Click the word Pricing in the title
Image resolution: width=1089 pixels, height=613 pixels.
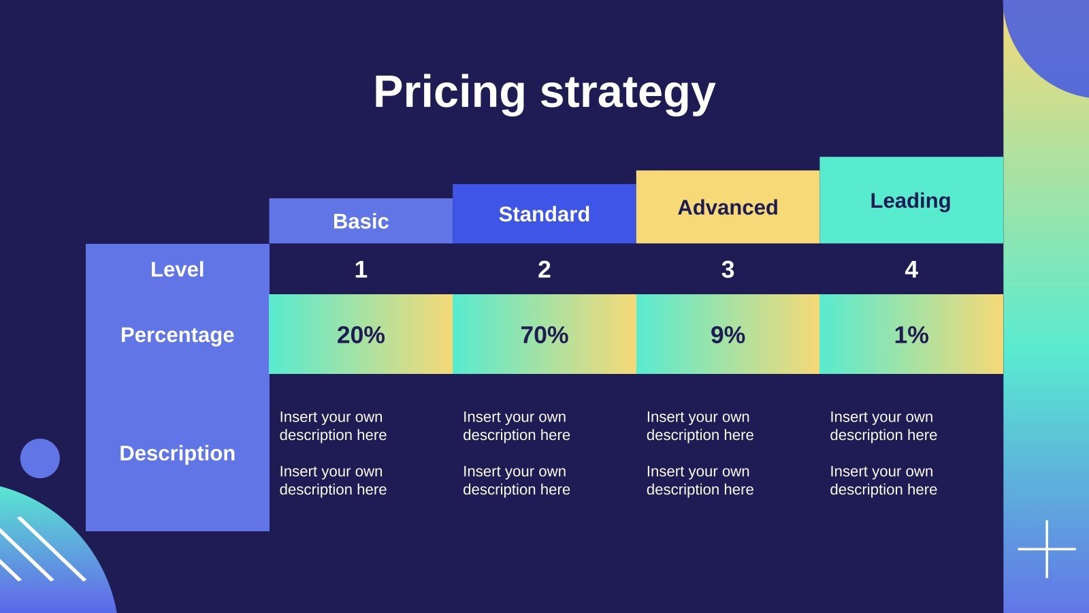pyautogui.click(x=449, y=92)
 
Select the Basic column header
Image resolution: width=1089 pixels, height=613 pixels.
pyautogui.click(x=361, y=221)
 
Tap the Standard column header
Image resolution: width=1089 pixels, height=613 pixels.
pyautogui.click(x=544, y=214)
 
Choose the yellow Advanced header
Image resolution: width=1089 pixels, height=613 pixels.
pyautogui.click(x=728, y=207)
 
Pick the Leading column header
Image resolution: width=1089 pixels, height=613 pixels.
pyautogui.click(x=911, y=200)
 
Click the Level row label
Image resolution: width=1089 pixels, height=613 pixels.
pyautogui.click(x=177, y=269)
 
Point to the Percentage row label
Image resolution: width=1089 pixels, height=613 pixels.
pyautogui.click(x=177, y=334)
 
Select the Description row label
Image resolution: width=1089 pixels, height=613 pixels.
pyautogui.click(x=177, y=453)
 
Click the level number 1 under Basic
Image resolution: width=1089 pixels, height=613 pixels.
pyautogui.click(x=361, y=270)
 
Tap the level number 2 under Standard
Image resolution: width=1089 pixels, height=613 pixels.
pyautogui.click(x=544, y=270)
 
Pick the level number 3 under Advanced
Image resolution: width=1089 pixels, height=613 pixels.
pyautogui.click(x=728, y=270)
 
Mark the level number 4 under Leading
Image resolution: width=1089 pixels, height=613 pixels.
pyautogui.click(x=911, y=270)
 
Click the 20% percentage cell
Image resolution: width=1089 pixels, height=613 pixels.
pyautogui.click(x=361, y=334)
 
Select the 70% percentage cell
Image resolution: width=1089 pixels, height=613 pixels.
pyautogui.click(x=544, y=334)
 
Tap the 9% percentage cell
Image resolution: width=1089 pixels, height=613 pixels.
pyautogui.click(x=728, y=334)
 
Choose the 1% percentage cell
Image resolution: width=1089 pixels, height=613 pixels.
pyautogui.click(x=911, y=334)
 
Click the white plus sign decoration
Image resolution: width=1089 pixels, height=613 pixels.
pyautogui.click(x=1047, y=549)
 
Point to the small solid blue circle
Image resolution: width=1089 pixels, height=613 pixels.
pyautogui.click(x=40, y=458)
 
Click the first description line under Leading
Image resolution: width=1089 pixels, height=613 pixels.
pyautogui.click(x=883, y=426)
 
